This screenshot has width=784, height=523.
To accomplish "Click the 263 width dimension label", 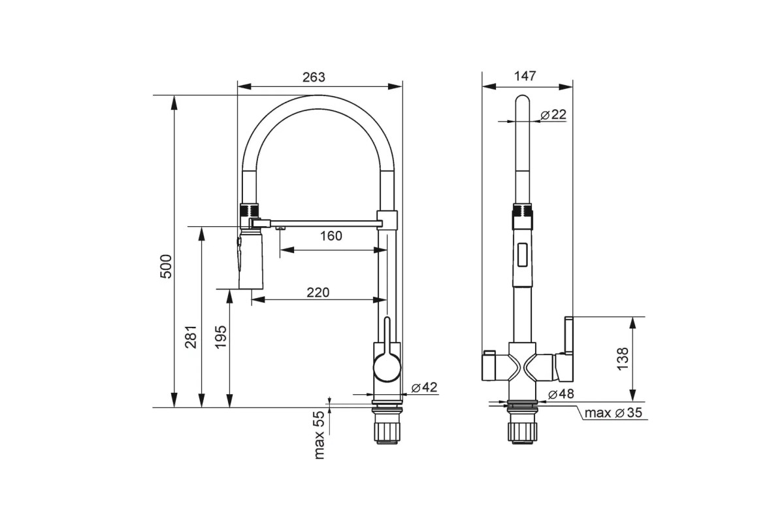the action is point(314,77).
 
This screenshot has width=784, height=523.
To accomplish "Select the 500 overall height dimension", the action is point(166,267).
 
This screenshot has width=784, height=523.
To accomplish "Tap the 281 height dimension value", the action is point(191,337).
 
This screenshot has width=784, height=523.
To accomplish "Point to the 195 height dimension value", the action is point(221,337).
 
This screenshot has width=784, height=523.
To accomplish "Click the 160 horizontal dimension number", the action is point(331,236).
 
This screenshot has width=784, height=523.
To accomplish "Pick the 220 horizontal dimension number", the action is point(318,292).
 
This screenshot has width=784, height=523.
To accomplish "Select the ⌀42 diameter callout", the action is point(424,388).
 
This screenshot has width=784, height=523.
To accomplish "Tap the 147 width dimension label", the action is point(525,76).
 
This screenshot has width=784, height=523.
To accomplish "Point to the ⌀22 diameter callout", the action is point(553,114).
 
